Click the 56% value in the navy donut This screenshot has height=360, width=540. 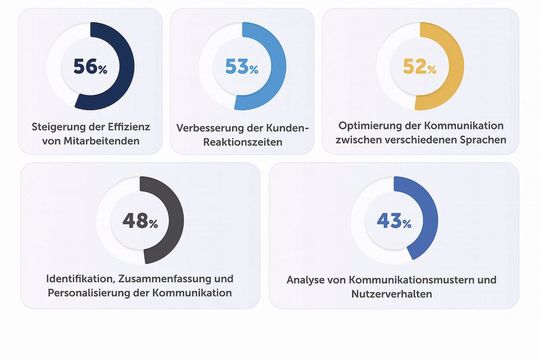pyautogui.click(x=89, y=68)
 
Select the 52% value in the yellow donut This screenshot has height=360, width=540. pyautogui.click(x=420, y=68)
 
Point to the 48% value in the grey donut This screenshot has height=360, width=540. pyautogui.click(x=140, y=221)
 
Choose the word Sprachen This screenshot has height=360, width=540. pyautogui.click(x=484, y=141)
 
